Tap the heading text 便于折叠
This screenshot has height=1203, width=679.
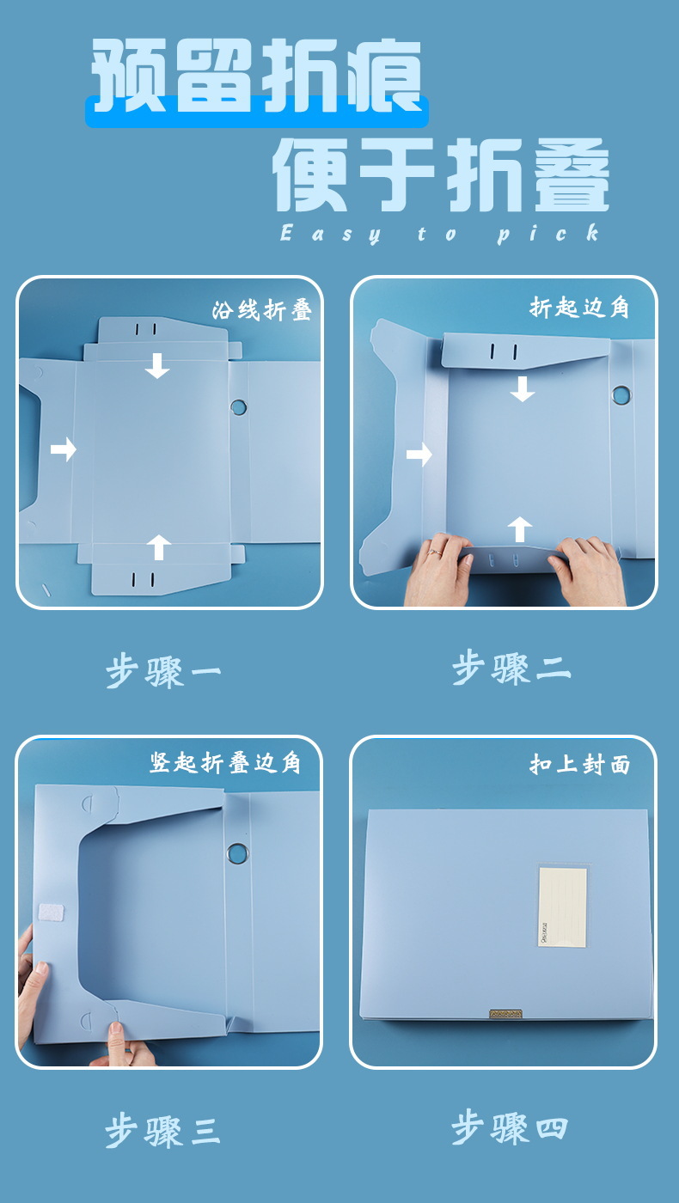tap(441, 174)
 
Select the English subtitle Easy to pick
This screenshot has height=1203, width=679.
tap(440, 234)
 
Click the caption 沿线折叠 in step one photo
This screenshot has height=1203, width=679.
tap(261, 310)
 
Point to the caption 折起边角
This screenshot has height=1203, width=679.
tap(579, 308)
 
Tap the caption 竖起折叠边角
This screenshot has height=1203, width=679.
tap(224, 763)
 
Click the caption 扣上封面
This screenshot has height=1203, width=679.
tap(579, 764)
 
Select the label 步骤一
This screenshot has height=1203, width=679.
tap(163, 671)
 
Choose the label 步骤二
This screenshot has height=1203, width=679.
tap(511, 668)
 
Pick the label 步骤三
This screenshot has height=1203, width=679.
tap(162, 1131)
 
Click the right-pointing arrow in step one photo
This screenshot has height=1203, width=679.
tap(64, 449)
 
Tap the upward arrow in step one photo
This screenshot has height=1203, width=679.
tap(158, 547)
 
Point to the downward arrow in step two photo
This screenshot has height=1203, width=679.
tap(523, 388)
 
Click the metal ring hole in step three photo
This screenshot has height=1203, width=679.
tap(237, 853)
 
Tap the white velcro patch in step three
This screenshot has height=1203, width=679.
tap(51, 913)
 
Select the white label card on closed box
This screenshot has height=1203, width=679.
tap(562, 906)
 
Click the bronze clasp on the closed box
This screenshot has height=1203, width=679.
tap(505, 1013)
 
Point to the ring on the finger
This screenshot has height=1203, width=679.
tap(435, 551)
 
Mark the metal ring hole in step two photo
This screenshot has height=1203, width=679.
tap(621, 394)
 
